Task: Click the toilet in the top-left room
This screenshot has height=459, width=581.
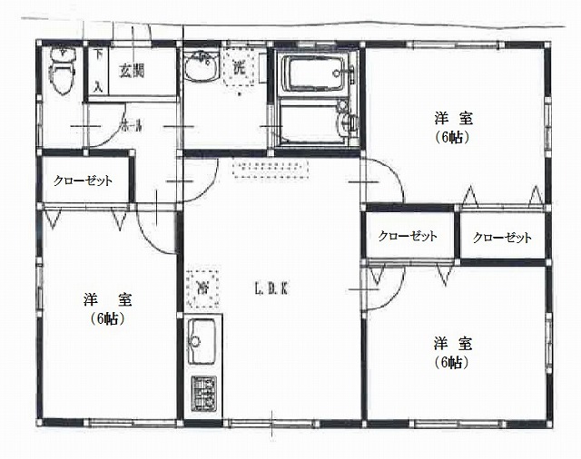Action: pyautogui.click(x=62, y=73)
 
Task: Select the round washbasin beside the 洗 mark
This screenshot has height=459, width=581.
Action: pyautogui.click(x=199, y=69)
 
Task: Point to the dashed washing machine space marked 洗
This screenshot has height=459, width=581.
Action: pyautogui.click(x=238, y=67)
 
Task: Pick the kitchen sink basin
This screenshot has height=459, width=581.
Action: pyautogui.click(x=200, y=343)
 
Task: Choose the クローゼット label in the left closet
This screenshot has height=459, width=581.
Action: pyautogui.click(x=83, y=181)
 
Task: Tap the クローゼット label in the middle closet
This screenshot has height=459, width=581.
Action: pyautogui.click(x=408, y=236)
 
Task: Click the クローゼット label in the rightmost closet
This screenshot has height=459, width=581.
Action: pyautogui.click(x=502, y=238)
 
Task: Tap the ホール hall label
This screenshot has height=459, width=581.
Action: pyautogui.click(x=130, y=128)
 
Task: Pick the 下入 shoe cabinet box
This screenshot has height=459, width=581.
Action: pyautogui.click(x=98, y=70)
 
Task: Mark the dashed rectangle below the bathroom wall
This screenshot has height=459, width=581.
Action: pyautogui.click(x=271, y=167)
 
